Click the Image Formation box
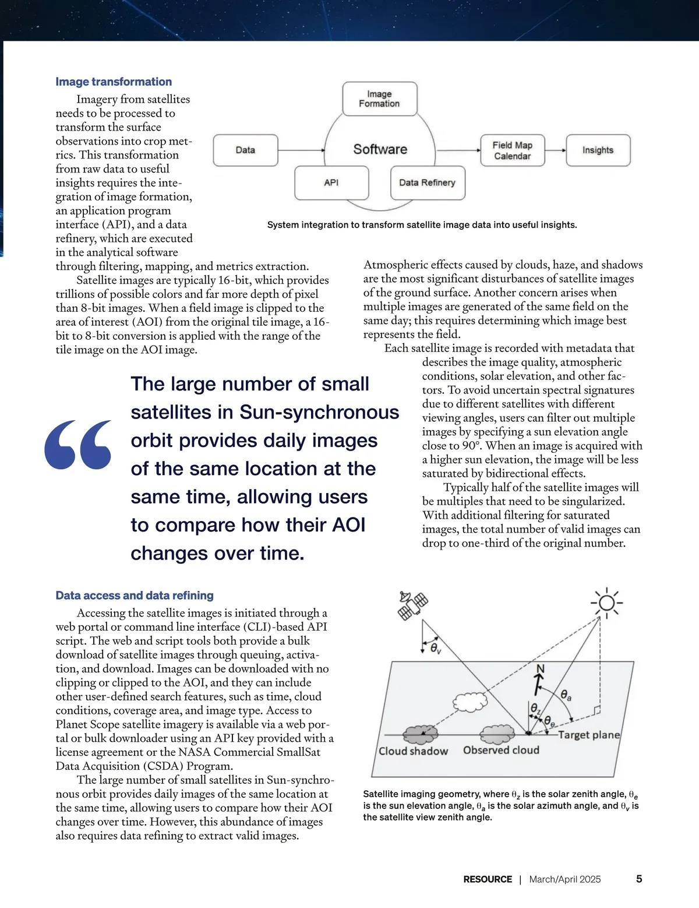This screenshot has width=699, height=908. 379,98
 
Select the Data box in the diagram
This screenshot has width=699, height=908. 245,150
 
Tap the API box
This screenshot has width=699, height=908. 331,183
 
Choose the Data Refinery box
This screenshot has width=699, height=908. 427,183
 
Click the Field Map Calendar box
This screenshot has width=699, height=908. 512,150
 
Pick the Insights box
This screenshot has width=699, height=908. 598,150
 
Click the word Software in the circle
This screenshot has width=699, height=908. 380,149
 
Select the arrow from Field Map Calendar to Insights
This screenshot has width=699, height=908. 555,150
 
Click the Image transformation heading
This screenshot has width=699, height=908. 114,82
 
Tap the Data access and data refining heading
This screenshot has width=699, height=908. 135,596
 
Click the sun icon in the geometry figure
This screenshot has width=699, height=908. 606,603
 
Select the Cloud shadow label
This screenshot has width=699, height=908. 413,751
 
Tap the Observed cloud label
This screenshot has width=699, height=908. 501,750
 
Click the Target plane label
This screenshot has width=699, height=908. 588,735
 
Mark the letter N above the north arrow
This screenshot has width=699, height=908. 540,668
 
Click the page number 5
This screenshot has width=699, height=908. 639,879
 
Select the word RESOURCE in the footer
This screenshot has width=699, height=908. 488,879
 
